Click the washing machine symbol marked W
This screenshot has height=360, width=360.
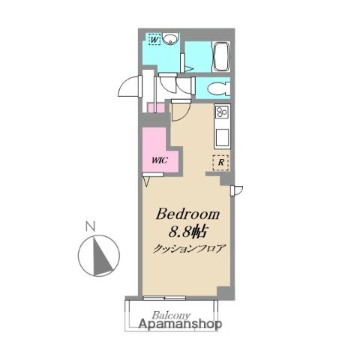154,40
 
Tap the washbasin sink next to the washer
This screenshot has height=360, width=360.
171,39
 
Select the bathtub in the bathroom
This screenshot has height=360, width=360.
221,57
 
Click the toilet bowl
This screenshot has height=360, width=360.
219,88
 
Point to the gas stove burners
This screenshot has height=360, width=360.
222,112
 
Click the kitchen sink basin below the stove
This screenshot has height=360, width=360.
222,137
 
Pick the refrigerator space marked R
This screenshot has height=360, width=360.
220,163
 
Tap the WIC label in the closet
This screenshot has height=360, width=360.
160,160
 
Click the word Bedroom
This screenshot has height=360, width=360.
187,214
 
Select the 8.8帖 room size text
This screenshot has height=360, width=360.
187,232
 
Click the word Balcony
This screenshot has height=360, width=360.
172,315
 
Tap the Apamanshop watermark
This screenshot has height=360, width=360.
180,324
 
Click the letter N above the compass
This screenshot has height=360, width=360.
91,226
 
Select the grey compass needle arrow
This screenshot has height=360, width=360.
102,256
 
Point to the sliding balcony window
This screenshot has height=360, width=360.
164,298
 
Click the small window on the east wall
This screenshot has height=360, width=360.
236,190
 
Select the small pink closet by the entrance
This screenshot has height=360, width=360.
156,108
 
